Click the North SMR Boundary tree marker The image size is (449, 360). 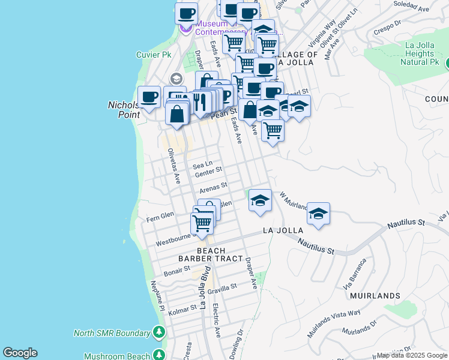(158, 332)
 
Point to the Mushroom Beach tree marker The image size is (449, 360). (158, 355)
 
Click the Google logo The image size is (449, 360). (20, 353)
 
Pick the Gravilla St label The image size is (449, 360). (223, 289)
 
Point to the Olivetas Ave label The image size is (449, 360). (173, 166)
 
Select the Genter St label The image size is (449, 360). (209, 173)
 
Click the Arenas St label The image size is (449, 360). (214, 189)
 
